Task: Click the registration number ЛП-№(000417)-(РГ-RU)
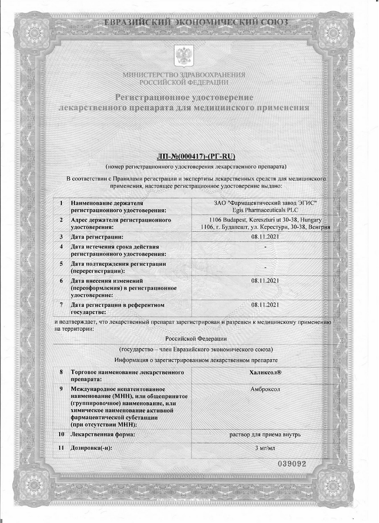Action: click(x=195, y=157)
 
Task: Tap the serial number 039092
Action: click(x=292, y=463)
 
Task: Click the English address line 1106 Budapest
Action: click(x=265, y=220)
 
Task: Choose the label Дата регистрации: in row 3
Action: click(x=97, y=237)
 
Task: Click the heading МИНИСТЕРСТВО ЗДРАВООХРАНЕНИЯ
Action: click(x=184, y=75)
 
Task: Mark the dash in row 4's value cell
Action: click(x=265, y=247)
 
